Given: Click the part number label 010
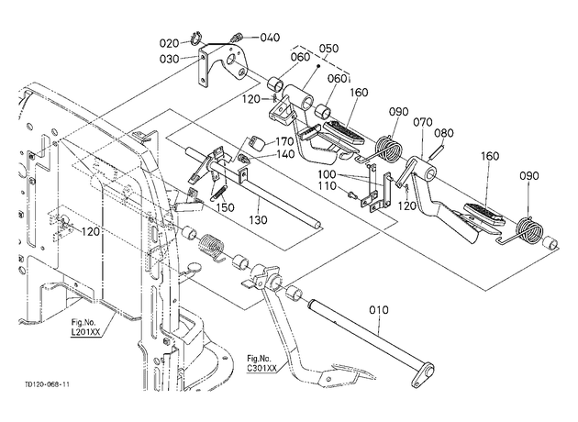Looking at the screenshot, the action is coord(379,310).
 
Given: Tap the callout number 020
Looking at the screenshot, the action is coord(169,43).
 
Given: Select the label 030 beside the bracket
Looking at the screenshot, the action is coord(169,59).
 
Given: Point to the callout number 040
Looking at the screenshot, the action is coord(271,38).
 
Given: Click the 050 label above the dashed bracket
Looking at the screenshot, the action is coord(328,49).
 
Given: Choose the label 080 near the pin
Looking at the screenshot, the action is coord(443,133).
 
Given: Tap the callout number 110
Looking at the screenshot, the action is coord(328,186).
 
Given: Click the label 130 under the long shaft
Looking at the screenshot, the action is coord(258,220).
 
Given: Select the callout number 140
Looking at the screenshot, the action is coord(285,154).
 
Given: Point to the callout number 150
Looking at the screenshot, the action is coord(225,207).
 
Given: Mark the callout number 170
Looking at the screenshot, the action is coord(284,142).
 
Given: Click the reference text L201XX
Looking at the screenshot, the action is coord(85,332).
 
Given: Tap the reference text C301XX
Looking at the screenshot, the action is coord(261,368).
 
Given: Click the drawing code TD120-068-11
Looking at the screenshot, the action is coord(47,384).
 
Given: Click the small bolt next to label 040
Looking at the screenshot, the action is coord(236,38).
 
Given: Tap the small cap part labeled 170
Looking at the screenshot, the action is coord(256,142).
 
